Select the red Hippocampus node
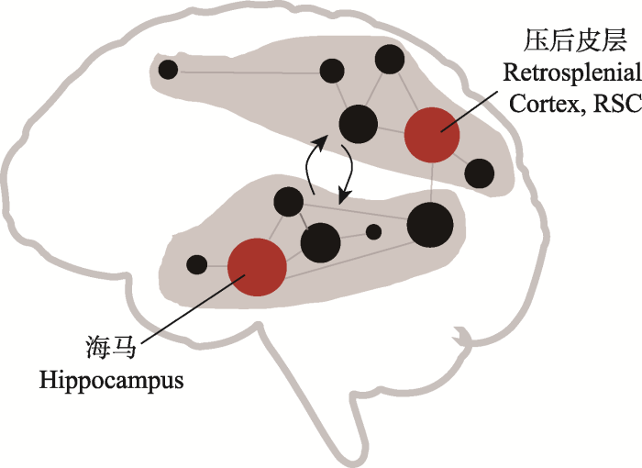pyautogui.click(x=256, y=267)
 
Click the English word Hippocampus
pyautogui.click(x=110, y=379)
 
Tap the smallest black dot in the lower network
pyautogui.click(x=373, y=232)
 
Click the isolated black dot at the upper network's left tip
pyautogui.click(x=168, y=69)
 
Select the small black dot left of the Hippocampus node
pyautogui.click(x=196, y=264)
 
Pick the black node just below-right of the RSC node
pyautogui.click(x=479, y=173)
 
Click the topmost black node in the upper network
pyautogui.click(x=390, y=58)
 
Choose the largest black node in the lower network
pyautogui.click(x=429, y=225)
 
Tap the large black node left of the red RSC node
pyautogui.click(x=358, y=124)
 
